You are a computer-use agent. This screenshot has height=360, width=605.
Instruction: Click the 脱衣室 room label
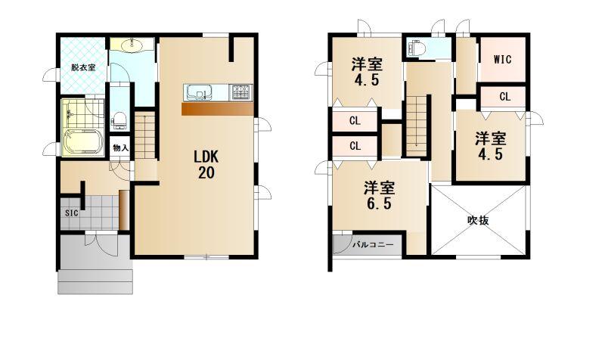83,67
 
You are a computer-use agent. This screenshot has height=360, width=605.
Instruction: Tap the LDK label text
206,157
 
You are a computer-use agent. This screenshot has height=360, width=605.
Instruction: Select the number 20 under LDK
206,173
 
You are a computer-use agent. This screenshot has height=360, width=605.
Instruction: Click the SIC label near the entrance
71,213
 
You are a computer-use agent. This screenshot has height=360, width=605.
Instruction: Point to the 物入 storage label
120,147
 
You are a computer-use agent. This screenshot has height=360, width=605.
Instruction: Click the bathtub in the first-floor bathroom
82,143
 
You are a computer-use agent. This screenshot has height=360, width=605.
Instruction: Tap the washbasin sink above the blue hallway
132,45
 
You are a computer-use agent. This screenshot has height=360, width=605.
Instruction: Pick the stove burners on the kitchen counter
241,92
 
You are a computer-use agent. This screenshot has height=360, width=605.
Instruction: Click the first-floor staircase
144,135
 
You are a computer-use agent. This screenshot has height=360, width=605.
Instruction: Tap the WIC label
503,59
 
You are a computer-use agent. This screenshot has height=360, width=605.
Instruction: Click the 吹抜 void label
479,220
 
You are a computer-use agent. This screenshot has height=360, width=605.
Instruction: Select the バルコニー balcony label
373,244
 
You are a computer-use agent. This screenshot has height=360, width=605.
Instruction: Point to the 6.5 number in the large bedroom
379,203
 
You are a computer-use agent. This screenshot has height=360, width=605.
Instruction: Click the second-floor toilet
418,48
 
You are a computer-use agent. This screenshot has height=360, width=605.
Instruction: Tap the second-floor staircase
417,126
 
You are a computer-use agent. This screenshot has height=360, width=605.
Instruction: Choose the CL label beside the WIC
504,97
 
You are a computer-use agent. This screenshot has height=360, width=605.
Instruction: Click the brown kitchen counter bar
218,109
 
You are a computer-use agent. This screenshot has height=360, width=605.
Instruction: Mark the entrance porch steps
95,281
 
